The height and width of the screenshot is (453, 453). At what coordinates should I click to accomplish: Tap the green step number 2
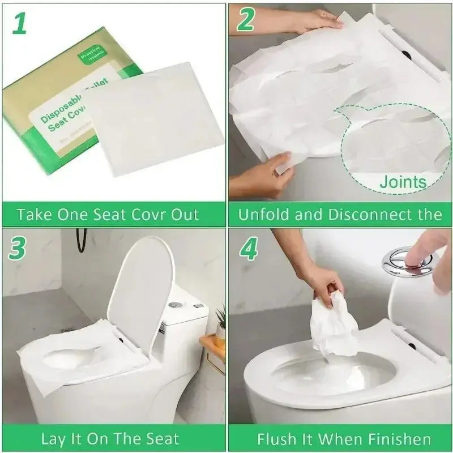[246, 21]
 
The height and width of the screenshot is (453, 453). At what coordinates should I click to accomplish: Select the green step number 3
[19, 248]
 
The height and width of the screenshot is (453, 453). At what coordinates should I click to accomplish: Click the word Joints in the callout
[403, 182]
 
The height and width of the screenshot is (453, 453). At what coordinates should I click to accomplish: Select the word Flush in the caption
[276, 439]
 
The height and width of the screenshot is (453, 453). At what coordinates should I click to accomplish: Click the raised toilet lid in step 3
[140, 289]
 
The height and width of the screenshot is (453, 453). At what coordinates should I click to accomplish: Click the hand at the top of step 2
[317, 21]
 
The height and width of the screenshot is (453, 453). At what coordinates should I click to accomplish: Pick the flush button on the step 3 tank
[174, 305]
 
